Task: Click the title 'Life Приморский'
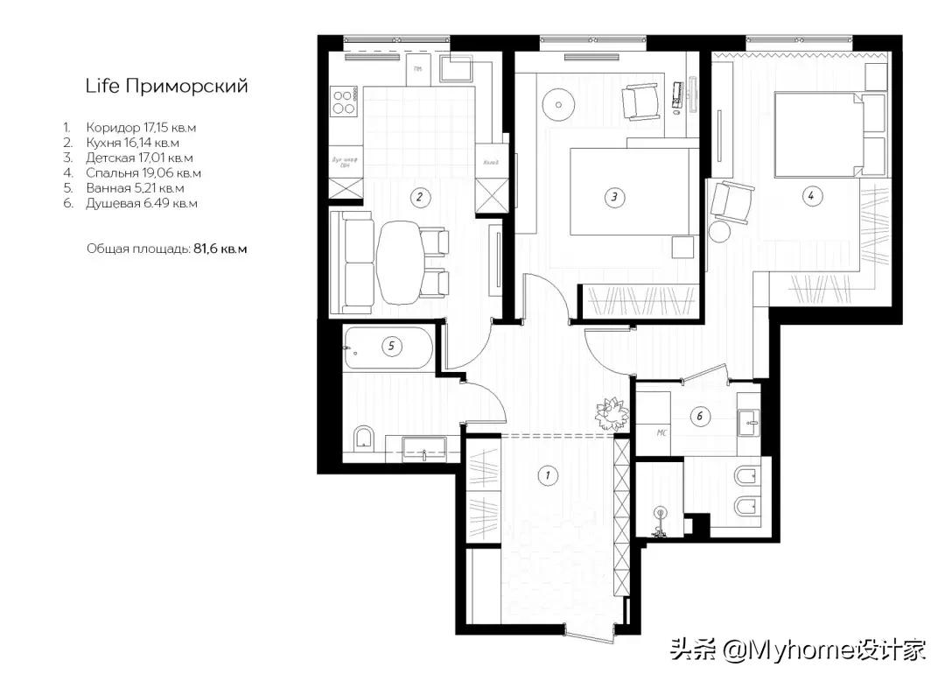(166, 86)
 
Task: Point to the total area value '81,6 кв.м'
(220, 249)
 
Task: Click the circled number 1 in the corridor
(547, 476)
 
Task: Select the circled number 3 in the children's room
(615, 197)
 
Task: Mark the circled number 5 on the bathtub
(392, 347)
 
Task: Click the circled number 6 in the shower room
(699, 416)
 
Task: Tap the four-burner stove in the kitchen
(345, 103)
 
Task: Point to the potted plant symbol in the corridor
(612, 411)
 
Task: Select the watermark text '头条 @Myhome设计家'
(797, 649)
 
